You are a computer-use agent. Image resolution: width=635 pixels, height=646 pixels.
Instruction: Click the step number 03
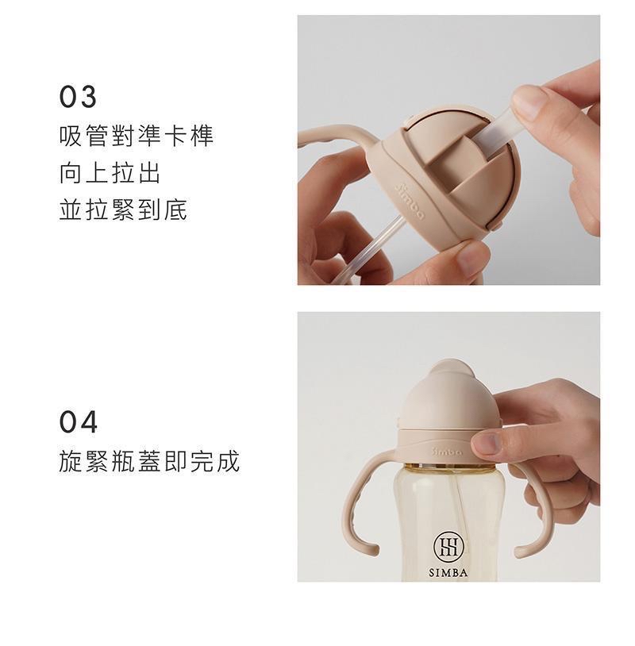[x=78, y=97]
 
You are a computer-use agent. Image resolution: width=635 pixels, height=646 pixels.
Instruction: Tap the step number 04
[x=79, y=422]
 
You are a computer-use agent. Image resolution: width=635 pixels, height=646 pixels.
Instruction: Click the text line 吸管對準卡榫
[x=137, y=136]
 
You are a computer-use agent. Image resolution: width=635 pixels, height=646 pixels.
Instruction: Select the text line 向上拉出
[x=110, y=173]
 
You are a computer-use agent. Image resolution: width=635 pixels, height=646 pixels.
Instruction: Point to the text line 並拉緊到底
[x=123, y=210]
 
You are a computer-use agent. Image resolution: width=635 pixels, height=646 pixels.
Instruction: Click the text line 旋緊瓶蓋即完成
[x=149, y=461]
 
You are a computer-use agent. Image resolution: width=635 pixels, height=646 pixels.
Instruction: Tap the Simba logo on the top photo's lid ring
[x=408, y=201]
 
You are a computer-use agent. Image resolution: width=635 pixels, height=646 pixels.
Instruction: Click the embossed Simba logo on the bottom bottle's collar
[x=447, y=451]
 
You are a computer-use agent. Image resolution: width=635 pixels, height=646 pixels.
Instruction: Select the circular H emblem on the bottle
[x=448, y=548]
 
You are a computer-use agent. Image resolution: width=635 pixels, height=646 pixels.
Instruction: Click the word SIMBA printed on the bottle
[x=448, y=573]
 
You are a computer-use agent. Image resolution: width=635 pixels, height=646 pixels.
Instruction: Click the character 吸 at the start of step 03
[x=71, y=136]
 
